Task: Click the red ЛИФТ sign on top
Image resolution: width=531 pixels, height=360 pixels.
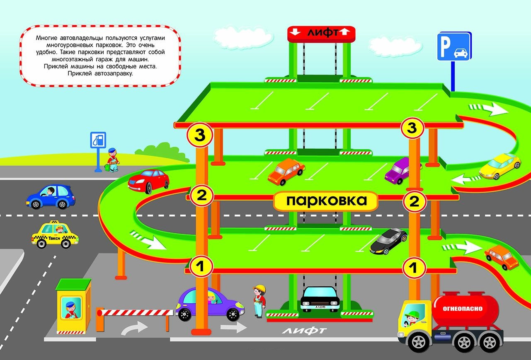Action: pyautogui.click(x=322, y=33)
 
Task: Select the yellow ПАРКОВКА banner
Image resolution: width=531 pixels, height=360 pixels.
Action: pyautogui.click(x=326, y=201)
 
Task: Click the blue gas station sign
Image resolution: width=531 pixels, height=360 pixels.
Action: pyautogui.click(x=98, y=140)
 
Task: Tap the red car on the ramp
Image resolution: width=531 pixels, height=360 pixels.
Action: pyautogui.click(x=149, y=181)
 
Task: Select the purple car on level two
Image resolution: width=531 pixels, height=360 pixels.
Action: pyautogui.click(x=401, y=170)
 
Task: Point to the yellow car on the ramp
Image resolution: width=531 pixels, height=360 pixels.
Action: pyautogui.click(x=500, y=166)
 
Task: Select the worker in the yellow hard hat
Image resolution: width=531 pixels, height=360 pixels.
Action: pyautogui.click(x=259, y=300)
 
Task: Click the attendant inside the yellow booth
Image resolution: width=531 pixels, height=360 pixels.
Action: pyautogui.click(x=70, y=309)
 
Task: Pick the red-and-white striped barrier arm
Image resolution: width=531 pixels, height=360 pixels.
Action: pyautogui.click(x=137, y=312)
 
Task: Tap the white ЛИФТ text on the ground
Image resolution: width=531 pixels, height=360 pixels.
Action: pyautogui.click(x=304, y=331)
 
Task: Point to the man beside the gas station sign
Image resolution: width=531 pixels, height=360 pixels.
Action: pyautogui.click(x=112, y=159)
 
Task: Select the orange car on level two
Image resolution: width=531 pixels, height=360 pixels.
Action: pyautogui.click(x=286, y=171)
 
